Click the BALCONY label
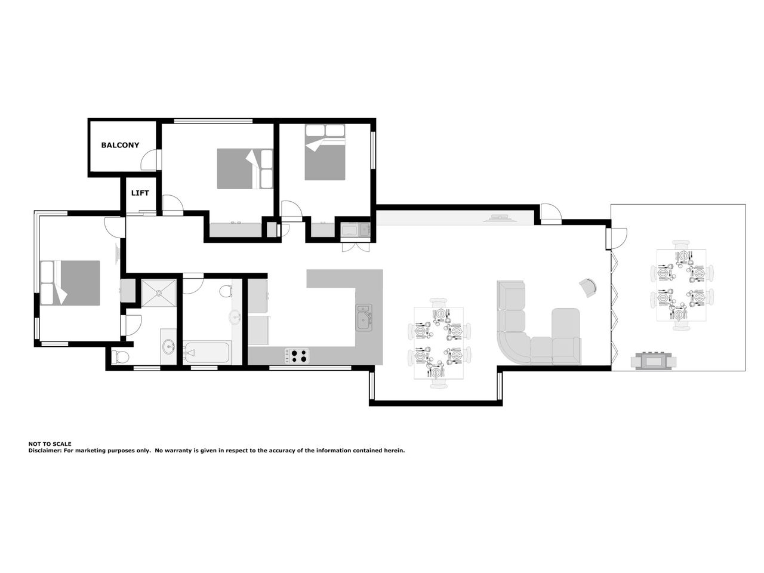pyautogui.click(x=120, y=145)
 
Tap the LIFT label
pyautogui.click(x=140, y=193)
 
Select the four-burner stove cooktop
pyautogui.click(x=297, y=356)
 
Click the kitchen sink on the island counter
pyautogui.click(x=363, y=318)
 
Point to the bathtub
pyautogui.click(x=207, y=352)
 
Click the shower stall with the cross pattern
pyautogui.click(x=159, y=293)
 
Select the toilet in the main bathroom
pyautogui.click(x=226, y=291)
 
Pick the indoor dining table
pyautogui.click(x=439, y=343)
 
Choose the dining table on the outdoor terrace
pyautogui.click(x=682, y=285)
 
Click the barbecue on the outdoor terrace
pyautogui.click(x=654, y=361)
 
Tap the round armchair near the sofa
pyautogui.click(x=588, y=288)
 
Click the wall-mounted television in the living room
pyautogui.click(x=500, y=218)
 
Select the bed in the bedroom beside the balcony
pyautogui.click(x=245, y=169)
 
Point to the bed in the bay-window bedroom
pyautogui.click(x=70, y=283)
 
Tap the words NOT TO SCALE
pyautogui.click(x=50, y=444)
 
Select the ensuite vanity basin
pyautogui.click(x=169, y=346)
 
